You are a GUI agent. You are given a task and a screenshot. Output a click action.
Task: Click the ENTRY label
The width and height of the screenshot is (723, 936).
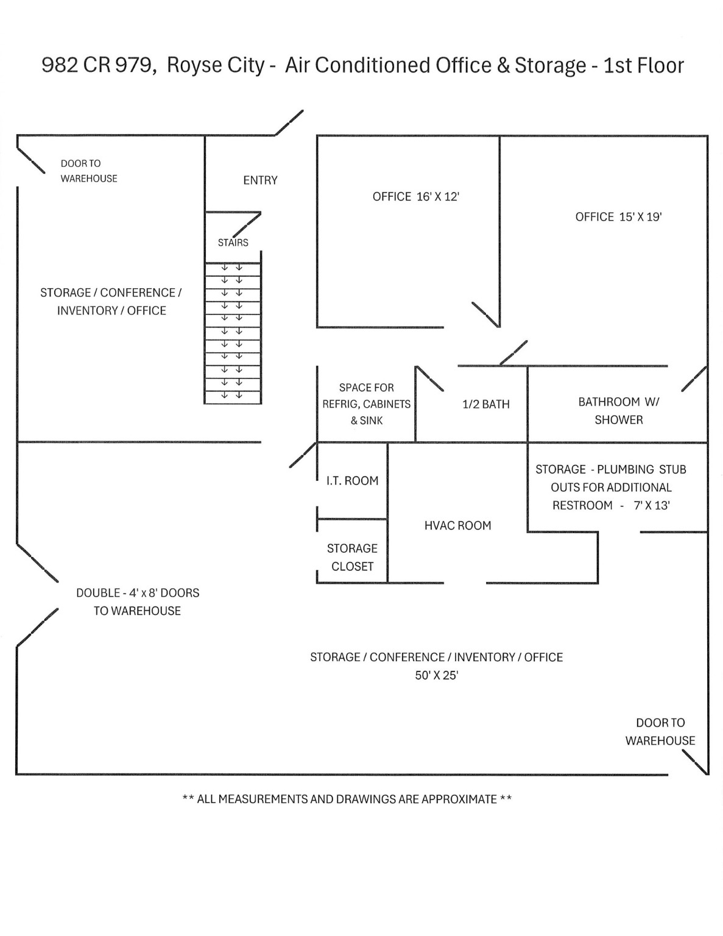tap(260, 180)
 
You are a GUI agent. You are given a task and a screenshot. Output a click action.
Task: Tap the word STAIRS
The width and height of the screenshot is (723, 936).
tap(233, 243)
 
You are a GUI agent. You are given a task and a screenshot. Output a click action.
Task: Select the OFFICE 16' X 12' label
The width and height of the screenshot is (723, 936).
tap(416, 197)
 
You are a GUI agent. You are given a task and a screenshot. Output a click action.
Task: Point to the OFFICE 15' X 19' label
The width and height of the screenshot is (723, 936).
tap(618, 217)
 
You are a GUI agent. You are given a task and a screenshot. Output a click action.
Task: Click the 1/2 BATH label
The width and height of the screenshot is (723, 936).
tap(486, 405)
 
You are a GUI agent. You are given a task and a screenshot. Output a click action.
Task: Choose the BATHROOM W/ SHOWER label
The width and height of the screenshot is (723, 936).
tap(618, 411)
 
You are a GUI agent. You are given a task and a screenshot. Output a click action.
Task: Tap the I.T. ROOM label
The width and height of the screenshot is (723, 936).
tap(352, 481)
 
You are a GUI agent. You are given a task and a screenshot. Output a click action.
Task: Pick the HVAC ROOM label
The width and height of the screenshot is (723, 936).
tap(457, 525)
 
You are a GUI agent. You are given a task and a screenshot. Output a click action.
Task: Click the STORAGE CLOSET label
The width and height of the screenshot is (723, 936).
tap(352, 558)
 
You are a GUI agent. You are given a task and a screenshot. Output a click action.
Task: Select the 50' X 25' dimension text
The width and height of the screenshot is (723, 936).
tap(436, 675)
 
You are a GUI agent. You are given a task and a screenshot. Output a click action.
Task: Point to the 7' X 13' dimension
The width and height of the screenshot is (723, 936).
tap(652, 505)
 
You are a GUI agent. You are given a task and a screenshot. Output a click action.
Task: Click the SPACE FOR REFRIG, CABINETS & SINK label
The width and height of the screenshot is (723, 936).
tap(366, 404)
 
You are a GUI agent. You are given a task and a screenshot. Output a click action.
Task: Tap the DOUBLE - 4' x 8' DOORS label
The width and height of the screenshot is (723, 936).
tap(138, 593)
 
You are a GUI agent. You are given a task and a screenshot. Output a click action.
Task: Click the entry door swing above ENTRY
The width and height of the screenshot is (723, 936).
tap(289, 122)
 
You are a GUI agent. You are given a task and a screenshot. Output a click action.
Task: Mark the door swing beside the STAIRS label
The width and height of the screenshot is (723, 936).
tap(247, 224)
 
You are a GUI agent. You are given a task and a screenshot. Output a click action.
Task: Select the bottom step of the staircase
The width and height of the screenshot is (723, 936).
tap(233, 397)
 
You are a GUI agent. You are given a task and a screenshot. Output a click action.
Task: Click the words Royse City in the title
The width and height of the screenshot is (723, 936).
tap(215, 65)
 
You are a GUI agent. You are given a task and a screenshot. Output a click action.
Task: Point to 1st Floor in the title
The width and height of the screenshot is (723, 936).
tap(644, 65)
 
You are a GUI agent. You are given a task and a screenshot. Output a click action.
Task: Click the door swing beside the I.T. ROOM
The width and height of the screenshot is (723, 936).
tap(303, 455)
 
